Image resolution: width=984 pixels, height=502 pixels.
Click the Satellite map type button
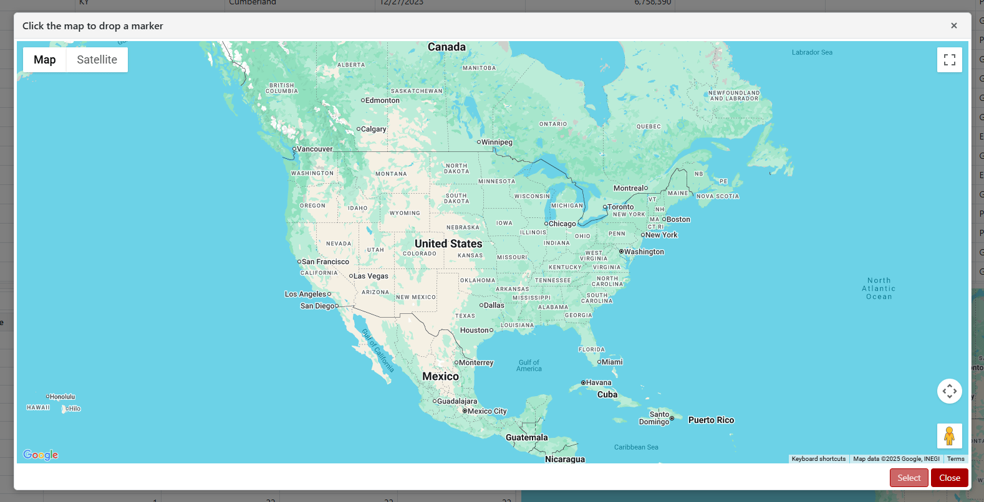click(97, 60)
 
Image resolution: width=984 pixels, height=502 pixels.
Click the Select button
click(909, 478)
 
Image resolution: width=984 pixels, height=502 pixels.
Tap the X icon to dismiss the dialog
click(953, 26)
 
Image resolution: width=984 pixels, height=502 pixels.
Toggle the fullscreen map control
click(949, 60)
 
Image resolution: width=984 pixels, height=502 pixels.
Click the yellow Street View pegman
click(949, 435)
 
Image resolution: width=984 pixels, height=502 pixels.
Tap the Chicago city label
click(562, 224)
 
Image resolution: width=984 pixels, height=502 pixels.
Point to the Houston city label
click(475, 330)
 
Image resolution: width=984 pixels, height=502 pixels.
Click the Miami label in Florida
click(612, 362)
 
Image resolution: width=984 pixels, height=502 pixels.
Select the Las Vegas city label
click(370, 276)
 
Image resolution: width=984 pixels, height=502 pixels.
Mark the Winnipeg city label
click(496, 142)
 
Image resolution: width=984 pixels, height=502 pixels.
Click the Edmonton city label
click(382, 100)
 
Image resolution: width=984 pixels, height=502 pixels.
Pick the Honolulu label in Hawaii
click(62, 397)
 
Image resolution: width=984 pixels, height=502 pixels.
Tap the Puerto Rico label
click(711, 420)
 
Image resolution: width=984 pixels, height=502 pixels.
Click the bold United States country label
click(448, 244)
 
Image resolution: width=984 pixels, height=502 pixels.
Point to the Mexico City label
click(487, 411)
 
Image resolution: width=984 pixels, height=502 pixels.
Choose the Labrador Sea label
click(812, 52)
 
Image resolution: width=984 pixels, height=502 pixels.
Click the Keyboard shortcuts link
click(818, 459)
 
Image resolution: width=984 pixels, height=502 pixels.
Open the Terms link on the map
click(955, 459)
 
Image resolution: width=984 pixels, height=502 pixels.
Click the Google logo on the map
click(41, 455)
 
